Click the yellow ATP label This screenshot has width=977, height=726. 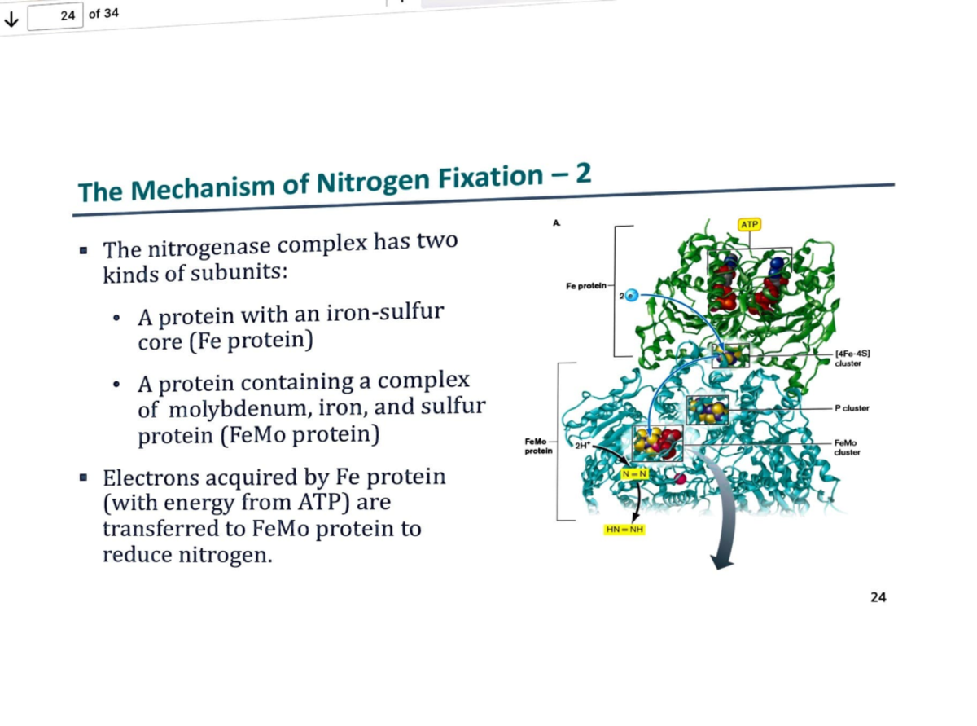[749, 223]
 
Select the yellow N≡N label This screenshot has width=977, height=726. [633, 473]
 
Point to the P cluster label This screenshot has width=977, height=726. [852, 407]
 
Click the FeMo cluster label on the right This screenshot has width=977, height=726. [848, 447]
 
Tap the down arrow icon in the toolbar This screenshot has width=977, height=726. [11, 20]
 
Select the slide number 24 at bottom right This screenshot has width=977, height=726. [878, 597]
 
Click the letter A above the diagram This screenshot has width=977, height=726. [556, 221]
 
